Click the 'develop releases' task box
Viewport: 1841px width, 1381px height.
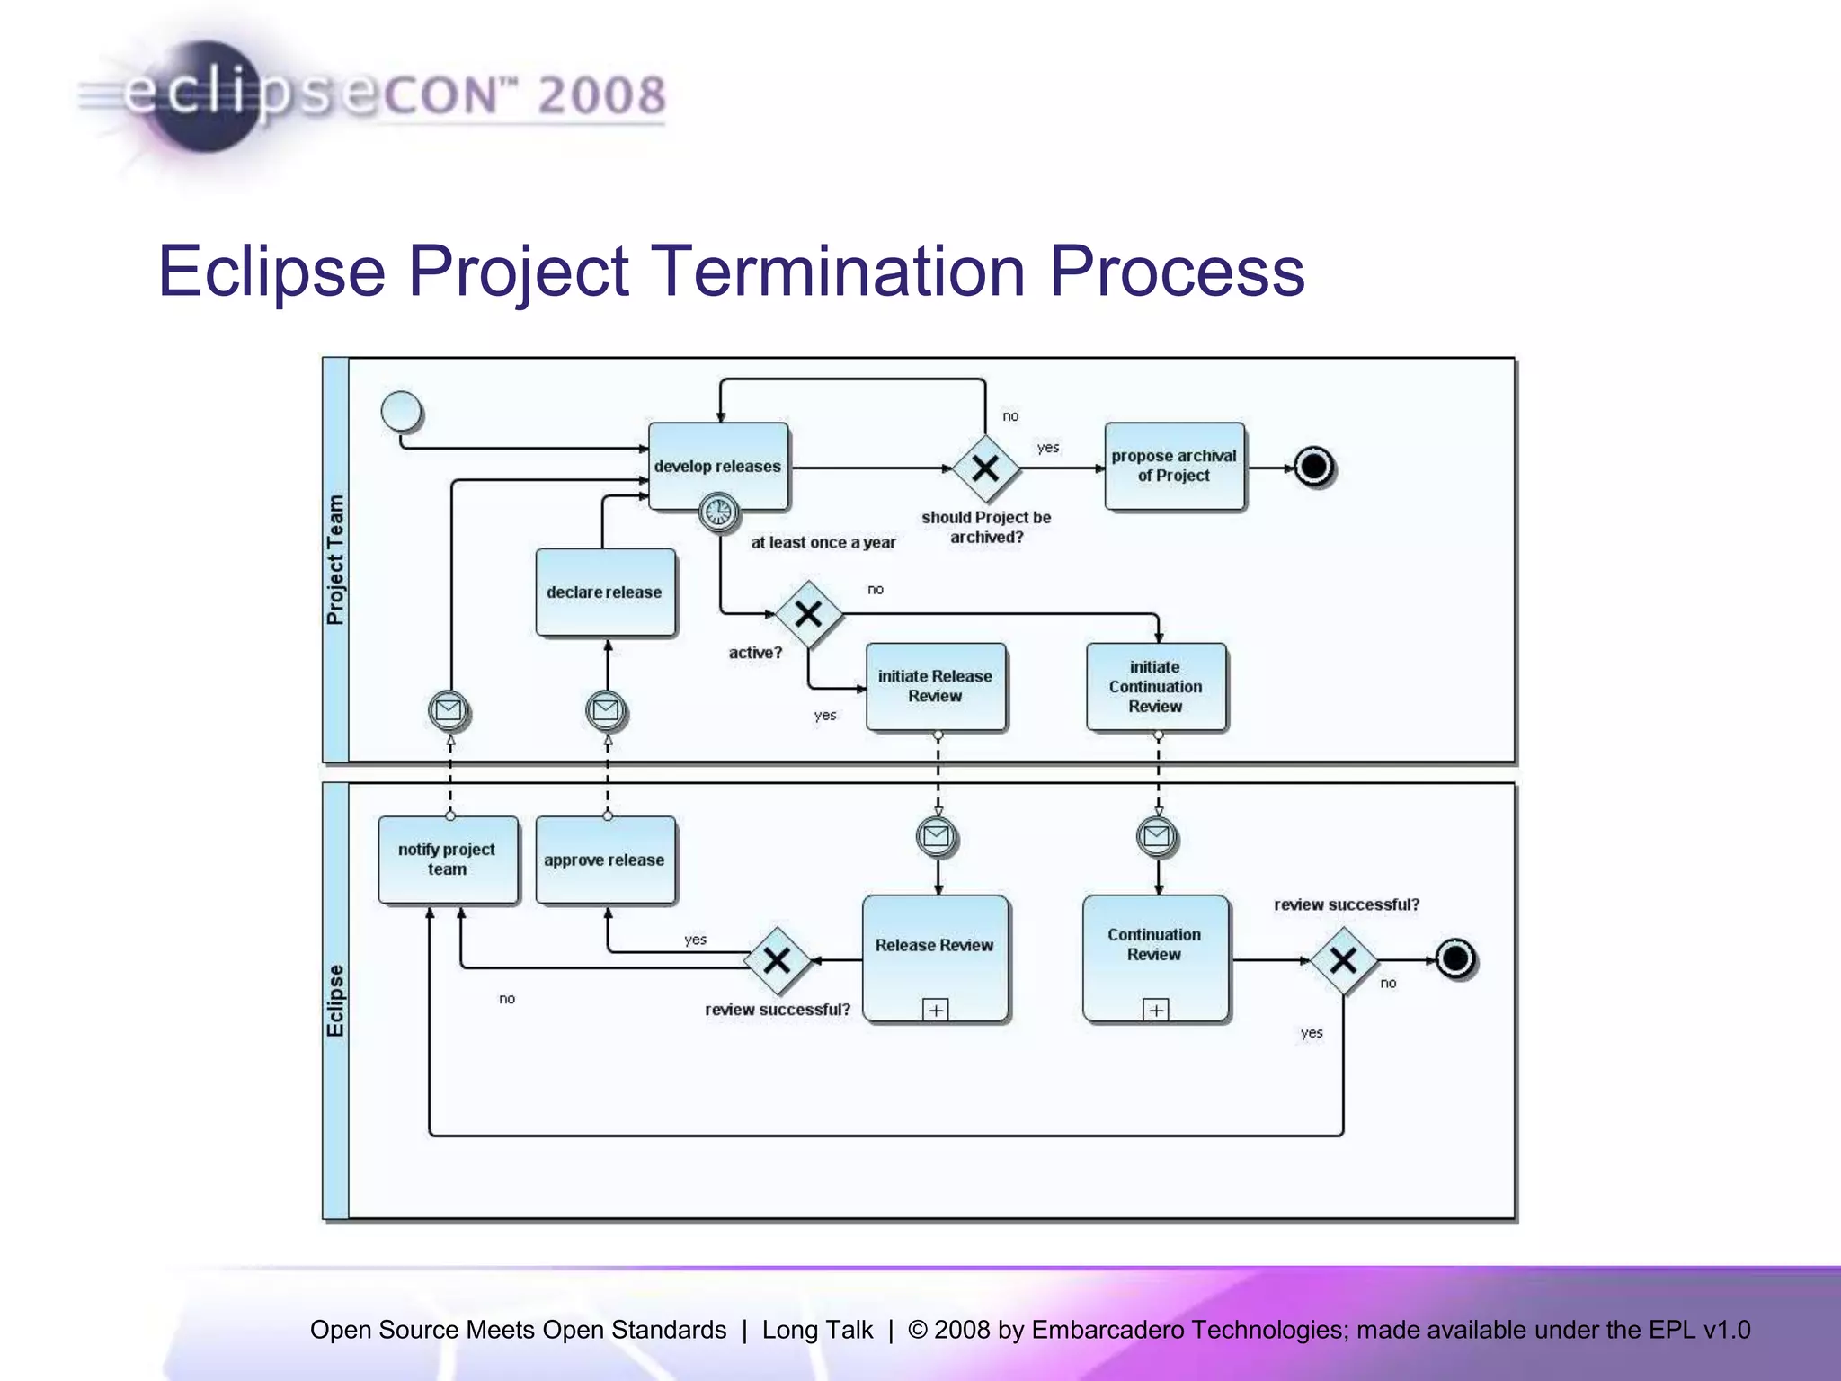(718, 466)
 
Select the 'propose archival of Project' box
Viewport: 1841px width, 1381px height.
(1174, 466)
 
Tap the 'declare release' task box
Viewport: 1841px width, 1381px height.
(605, 592)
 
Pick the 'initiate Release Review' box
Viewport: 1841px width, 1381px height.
(935, 686)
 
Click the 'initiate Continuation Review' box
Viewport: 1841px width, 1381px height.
(1155, 686)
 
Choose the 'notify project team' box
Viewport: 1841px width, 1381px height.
(448, 859)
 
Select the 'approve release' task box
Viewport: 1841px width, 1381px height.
(605, 860)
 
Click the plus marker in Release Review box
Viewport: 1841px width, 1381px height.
(936, 1010)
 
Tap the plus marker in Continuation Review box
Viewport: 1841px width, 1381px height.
(1156, 1010)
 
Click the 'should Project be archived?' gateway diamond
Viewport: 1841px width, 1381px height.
(985, 468)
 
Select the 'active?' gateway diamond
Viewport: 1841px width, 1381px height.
(808, 614)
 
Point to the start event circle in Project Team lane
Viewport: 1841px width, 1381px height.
(401, 412)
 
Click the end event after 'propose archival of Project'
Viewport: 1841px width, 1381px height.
(1313, 467)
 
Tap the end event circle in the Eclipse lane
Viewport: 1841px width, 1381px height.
(1454, 958)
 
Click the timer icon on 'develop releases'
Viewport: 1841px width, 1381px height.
(718, 512)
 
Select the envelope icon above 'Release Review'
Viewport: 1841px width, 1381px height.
(937, 836)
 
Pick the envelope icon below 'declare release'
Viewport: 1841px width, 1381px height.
(606, 711)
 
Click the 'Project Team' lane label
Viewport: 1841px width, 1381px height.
(335, 559)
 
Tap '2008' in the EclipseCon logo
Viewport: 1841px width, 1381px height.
(601, 95)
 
